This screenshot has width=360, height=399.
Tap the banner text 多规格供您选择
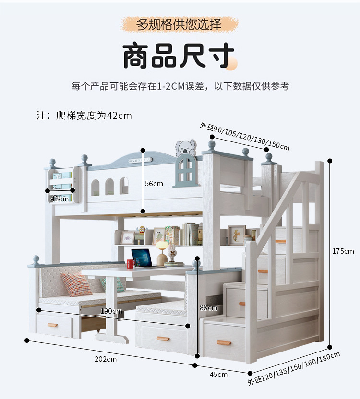179,24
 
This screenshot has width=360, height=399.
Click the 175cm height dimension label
343,251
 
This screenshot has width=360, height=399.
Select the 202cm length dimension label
105,359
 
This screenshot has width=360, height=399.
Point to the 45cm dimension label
219,374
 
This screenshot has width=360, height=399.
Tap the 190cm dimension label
111,311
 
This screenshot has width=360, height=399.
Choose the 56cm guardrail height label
154,184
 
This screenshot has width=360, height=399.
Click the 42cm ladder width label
60,199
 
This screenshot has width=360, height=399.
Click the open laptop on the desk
142,258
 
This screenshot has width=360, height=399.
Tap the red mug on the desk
130,264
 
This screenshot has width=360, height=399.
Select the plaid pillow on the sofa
76,284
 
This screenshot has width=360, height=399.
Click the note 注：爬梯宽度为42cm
84,116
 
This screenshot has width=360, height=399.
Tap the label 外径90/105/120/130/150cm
244,136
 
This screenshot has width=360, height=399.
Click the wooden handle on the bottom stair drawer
224,343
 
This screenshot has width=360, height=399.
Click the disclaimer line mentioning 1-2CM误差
180,86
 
